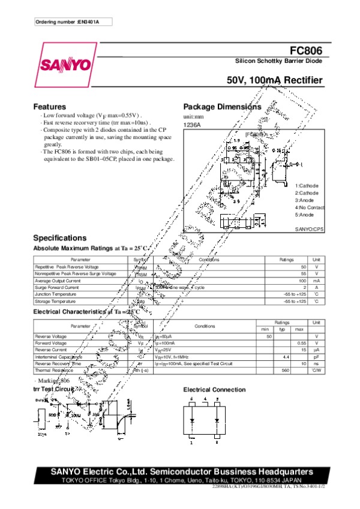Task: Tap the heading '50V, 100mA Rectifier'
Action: [x=275, y=81]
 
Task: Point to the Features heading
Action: [x=49, y=106]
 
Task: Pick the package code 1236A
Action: [x=191, y=124]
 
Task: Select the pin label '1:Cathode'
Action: [x=307, y=186]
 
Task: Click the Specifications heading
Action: [x=59, y=238]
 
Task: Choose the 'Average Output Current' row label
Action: [x=58, y=281]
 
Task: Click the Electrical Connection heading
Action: [x=214, y=390]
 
